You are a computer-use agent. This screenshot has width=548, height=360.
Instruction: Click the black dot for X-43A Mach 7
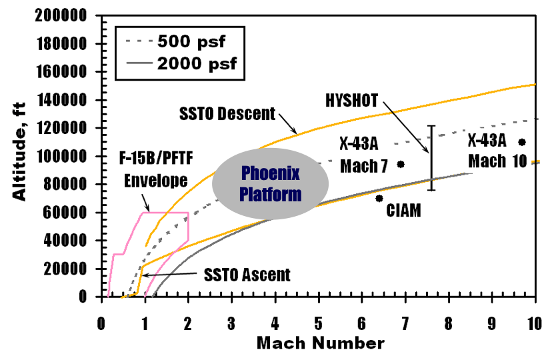point(401,164)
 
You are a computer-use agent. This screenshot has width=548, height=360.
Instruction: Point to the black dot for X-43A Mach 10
point(522,142)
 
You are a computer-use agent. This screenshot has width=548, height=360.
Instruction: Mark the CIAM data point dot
point(379,198)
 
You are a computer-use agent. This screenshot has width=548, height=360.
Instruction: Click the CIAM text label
point(404,211)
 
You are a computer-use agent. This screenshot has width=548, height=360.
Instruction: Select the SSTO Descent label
point(226,114)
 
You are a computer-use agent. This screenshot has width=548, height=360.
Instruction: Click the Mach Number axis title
point(320,343)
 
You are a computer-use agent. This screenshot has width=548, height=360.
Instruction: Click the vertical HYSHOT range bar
point(431,157)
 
